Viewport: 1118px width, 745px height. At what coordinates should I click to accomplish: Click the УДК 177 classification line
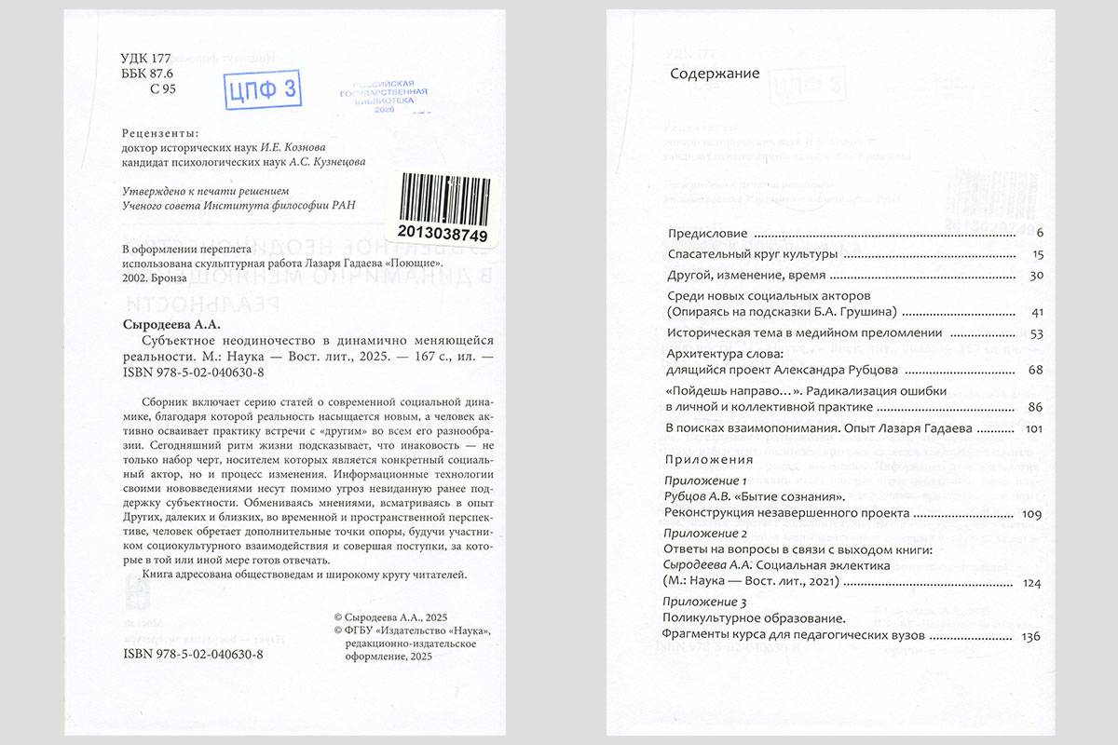pyautogui.click(x=147, y=58)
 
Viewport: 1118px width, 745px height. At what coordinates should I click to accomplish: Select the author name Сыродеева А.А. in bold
pyautogui.click(x=171, y=325)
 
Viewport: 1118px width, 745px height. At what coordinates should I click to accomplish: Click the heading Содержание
pyautogui.click(x=715, y=74)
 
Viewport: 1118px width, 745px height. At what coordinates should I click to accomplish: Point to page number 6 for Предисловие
pyautogui.click(x=1038, y=233)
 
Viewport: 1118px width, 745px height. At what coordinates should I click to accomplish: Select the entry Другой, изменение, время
pyautogui.click(x=747, y=276)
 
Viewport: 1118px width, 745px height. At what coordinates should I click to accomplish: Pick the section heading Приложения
pyautogui.click(x=709, y=460)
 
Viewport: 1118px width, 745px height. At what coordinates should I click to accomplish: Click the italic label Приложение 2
pyautogui.click(x=705, y=534)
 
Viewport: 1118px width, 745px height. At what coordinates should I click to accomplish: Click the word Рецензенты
pyautogui.click(x=160, y=132)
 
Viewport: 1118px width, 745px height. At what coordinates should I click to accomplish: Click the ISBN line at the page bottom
pyautogui.click(x=193, y=655)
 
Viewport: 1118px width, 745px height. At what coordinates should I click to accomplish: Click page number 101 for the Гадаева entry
pyautogui.click(x=1031, y=429)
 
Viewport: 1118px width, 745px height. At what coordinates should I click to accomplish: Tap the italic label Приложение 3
pyautogui.click(x=705, y=603)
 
